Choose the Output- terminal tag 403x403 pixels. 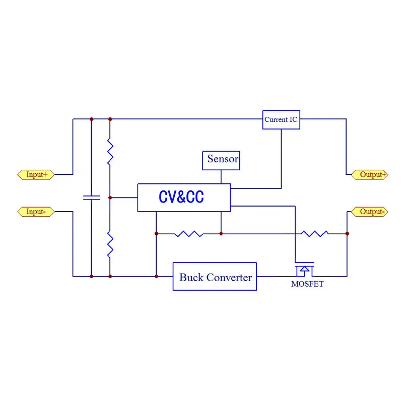click(370, 212)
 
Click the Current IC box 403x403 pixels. click(281, 120)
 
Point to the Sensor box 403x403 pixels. click(221, 160)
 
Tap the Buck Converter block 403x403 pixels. click(215, 277)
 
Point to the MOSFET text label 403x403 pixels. click(307, 284)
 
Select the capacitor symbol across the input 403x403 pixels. click(91, 197)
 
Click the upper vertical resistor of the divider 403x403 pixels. click(110, 152)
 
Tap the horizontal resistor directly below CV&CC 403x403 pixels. click(189, 234)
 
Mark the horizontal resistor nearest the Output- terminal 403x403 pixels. click(315, 234)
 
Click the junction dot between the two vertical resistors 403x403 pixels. click(110, 197)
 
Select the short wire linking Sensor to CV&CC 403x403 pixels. click(221, 176)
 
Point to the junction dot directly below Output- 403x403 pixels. click(347, 234)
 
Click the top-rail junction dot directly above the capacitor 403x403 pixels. click(91, 119)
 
